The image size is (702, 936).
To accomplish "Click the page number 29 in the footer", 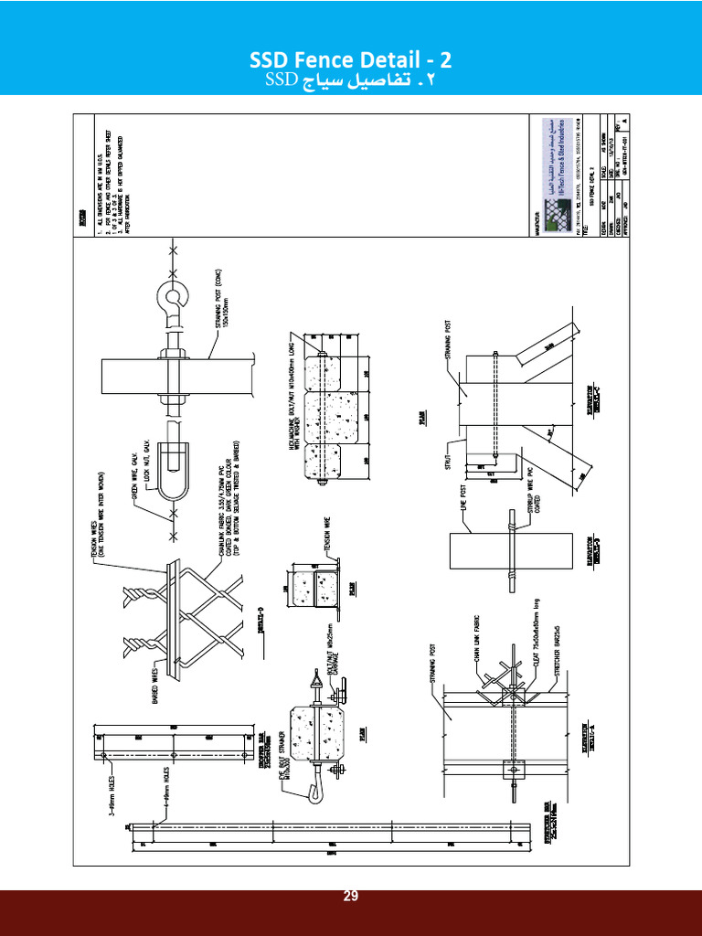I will tap(351, 897).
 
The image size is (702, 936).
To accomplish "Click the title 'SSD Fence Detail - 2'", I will tap(351, 61).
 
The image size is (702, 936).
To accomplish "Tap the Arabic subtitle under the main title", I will tap(351, 81).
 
